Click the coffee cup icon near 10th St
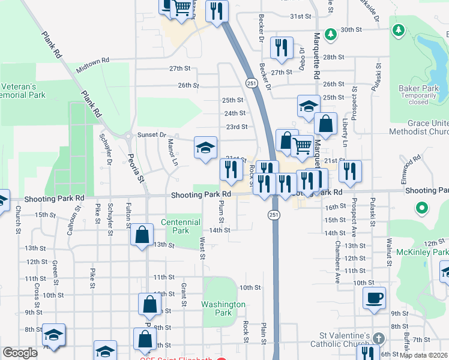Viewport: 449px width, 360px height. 374,298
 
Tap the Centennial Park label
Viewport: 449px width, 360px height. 175,226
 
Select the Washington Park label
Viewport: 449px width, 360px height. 223,308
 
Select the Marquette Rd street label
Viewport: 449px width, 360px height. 316,56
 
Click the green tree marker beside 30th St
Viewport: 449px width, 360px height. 330,34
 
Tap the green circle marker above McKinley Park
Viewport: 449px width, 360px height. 422,209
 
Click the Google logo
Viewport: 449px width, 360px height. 20,353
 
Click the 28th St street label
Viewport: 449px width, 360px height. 333,57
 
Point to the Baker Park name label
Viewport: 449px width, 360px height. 418,88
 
